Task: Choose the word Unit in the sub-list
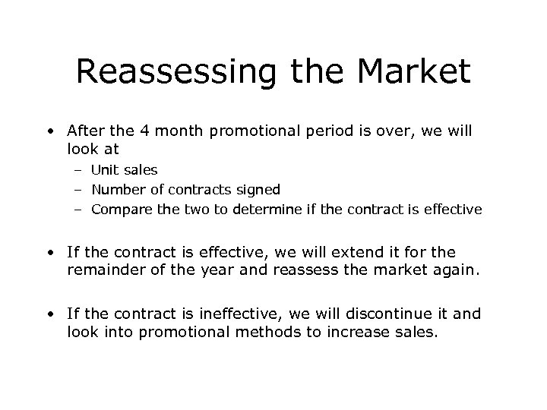[105, 171]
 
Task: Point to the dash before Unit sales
[78, 171]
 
